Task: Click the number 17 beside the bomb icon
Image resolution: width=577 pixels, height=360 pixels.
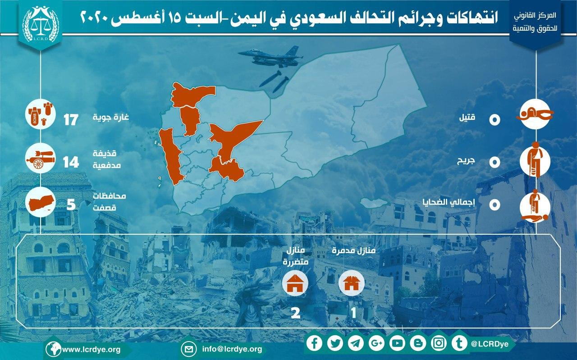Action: (71, 120)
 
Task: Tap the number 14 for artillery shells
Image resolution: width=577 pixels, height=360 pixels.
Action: (71, 163)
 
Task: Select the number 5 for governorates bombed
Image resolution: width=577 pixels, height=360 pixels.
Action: (71, 205)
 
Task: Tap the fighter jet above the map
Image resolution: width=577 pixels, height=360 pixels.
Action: (270, 57)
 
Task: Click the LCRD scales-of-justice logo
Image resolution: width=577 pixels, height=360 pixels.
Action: (41, 24)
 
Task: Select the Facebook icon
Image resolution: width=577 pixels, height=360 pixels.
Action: (314, 343)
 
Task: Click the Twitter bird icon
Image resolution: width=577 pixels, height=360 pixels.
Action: (335, 343)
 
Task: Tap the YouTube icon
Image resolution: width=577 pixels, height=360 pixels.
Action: (397, 343)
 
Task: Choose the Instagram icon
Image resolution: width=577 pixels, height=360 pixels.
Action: (439, 343)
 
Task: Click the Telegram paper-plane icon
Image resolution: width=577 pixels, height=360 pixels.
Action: (356, 343)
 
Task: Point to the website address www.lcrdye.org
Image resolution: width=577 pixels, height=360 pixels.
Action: (92, 350)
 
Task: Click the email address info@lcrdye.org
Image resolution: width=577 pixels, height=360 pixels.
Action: (232, 349)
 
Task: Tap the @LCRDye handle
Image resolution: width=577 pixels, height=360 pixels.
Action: (490, 344)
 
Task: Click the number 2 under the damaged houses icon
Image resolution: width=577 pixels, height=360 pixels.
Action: (295, 313)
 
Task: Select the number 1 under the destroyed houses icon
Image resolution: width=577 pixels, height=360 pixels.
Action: (353, 313)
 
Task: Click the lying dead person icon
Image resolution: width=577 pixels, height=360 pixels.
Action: (535, 114)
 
